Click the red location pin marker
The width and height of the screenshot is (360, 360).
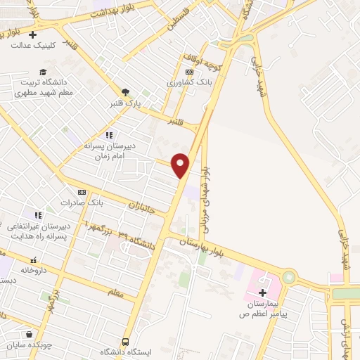[181, 165]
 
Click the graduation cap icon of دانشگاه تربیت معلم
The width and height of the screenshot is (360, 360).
[43, 72]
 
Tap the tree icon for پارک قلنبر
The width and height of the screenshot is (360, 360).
[126, 92]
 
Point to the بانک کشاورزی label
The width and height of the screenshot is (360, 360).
[188, 82]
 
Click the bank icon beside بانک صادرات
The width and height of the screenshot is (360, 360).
[82, 192]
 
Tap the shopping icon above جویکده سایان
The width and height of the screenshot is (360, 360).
[28, 335]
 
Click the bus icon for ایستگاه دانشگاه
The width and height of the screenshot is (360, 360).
[125, 340]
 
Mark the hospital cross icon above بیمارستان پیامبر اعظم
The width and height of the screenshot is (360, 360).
[264, 292]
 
